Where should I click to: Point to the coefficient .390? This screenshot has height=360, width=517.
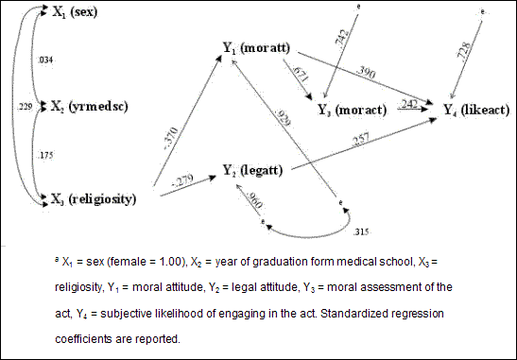pyautogui.click(x=364, y=74)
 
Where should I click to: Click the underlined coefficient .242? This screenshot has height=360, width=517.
pyautogui.click(x=408, y=103)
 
